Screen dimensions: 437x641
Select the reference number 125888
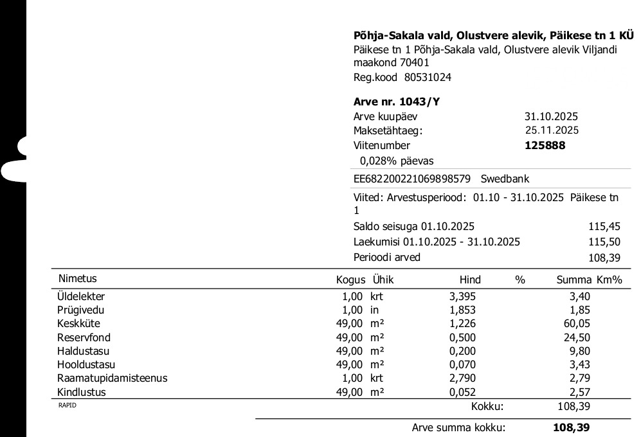pos(545,145)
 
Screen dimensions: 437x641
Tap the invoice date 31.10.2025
pos(551,116)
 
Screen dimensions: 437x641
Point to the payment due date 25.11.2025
pos(552,130)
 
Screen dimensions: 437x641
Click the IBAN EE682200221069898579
pos(412,179)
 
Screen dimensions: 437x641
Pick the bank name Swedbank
pos(505,179)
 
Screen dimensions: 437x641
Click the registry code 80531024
pos(428,77)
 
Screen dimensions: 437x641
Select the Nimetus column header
pos(77,279)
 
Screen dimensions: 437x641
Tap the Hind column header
pos(470,280)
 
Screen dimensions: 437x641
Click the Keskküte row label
pos(78,323)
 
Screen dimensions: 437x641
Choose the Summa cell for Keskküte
pos(577,323)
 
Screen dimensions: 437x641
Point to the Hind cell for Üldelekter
pos(462,296)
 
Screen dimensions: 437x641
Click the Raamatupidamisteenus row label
pos(112,378)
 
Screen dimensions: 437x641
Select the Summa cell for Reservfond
pos(577,337)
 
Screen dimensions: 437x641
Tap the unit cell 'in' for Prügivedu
pos(374,310)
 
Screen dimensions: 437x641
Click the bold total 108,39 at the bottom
pos(571,427)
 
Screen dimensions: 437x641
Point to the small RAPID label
pos(68,405)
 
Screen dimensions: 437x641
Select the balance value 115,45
pos(604,227)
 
